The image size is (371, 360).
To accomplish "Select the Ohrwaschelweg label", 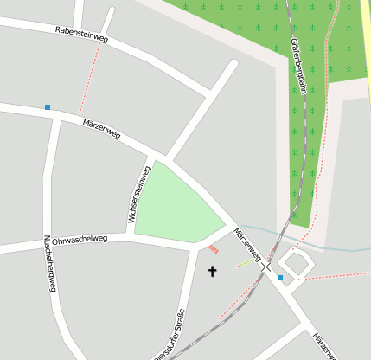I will pyautogui.click(x=80, y=239).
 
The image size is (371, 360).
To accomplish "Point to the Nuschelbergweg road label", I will pyautogui.click(x=49, y=262).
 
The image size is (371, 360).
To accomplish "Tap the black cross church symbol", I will pyautogui.click(x=213, y=272).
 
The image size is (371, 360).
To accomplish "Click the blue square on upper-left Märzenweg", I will pyautogui.click(x=48, y=107).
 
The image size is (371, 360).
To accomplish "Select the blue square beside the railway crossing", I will pyautogui.click(x=280, y=278).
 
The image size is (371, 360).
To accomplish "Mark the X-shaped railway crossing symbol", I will pyautogui.click(x=265, y=267).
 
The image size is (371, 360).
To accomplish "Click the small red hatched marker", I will pyautogui.click(x=214, y=249).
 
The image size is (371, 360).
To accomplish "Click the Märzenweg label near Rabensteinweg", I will pyautogui.click(x=101, y=130).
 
